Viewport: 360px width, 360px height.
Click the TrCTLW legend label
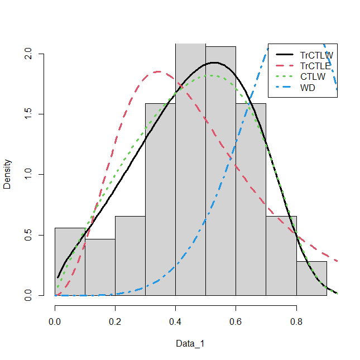(316, 55)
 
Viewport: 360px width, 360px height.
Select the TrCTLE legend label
(315, 66)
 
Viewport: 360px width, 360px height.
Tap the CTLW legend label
(313, 76)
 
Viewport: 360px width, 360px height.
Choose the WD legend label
(308, 88)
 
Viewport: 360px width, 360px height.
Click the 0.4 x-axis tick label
(175, 321)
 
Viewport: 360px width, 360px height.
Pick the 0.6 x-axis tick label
(236, 321)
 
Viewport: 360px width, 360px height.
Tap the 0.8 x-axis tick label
(296, 321)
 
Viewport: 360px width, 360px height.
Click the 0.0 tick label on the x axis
(55, 321)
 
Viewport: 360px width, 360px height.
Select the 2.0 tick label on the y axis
(28, 54)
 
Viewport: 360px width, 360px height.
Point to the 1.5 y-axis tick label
(28, 114)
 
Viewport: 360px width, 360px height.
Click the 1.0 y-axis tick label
(28, 175)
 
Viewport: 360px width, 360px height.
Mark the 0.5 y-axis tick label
(28, 235)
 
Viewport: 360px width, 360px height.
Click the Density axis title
(7, 174)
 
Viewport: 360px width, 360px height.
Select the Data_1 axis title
(190, 344)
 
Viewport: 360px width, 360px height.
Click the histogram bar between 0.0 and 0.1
(70, 262)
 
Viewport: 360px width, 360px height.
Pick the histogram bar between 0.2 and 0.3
(130, 256)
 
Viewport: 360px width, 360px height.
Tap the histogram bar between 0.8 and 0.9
(311, 279)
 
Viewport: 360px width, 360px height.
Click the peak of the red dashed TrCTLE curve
(159, 71)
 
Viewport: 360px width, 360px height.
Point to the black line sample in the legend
(285, 54)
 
